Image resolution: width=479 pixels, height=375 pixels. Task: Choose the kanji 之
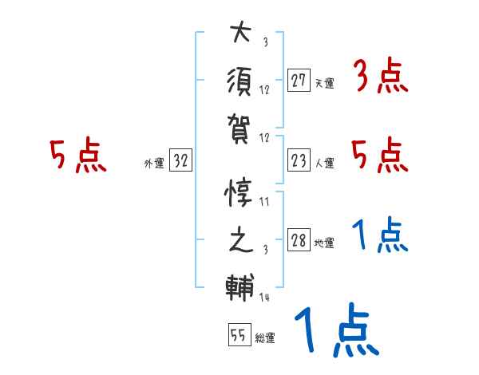click(239, 239)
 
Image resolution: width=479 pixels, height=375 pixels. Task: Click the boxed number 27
click(299, 80)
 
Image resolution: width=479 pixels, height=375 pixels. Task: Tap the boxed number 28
click(299, 240)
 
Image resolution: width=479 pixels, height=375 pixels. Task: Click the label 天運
click(324, 82)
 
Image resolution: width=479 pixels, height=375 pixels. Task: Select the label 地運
click(324, 243)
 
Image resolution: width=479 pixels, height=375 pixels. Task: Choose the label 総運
click(265, 338)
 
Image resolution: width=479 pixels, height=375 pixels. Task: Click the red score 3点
click(380, 77)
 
